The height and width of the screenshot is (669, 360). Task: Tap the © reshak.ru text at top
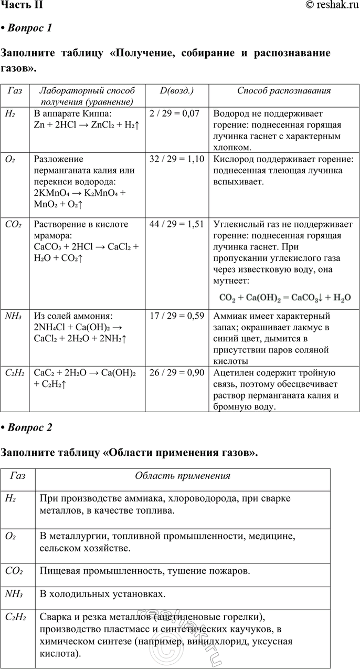point(331,5)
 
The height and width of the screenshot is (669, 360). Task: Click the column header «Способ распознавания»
point(284,90)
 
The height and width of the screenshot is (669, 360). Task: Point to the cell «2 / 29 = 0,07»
point(174,113)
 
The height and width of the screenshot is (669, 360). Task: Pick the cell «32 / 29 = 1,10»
point(177,159)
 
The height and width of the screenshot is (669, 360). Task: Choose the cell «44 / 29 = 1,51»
point(177,224)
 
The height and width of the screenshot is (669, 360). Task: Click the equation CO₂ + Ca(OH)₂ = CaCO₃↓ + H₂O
point(284,297)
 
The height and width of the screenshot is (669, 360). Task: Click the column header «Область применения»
point(183,476)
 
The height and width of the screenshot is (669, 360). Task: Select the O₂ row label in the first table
point(10,159)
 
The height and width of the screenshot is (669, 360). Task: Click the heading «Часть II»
point(22,5)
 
